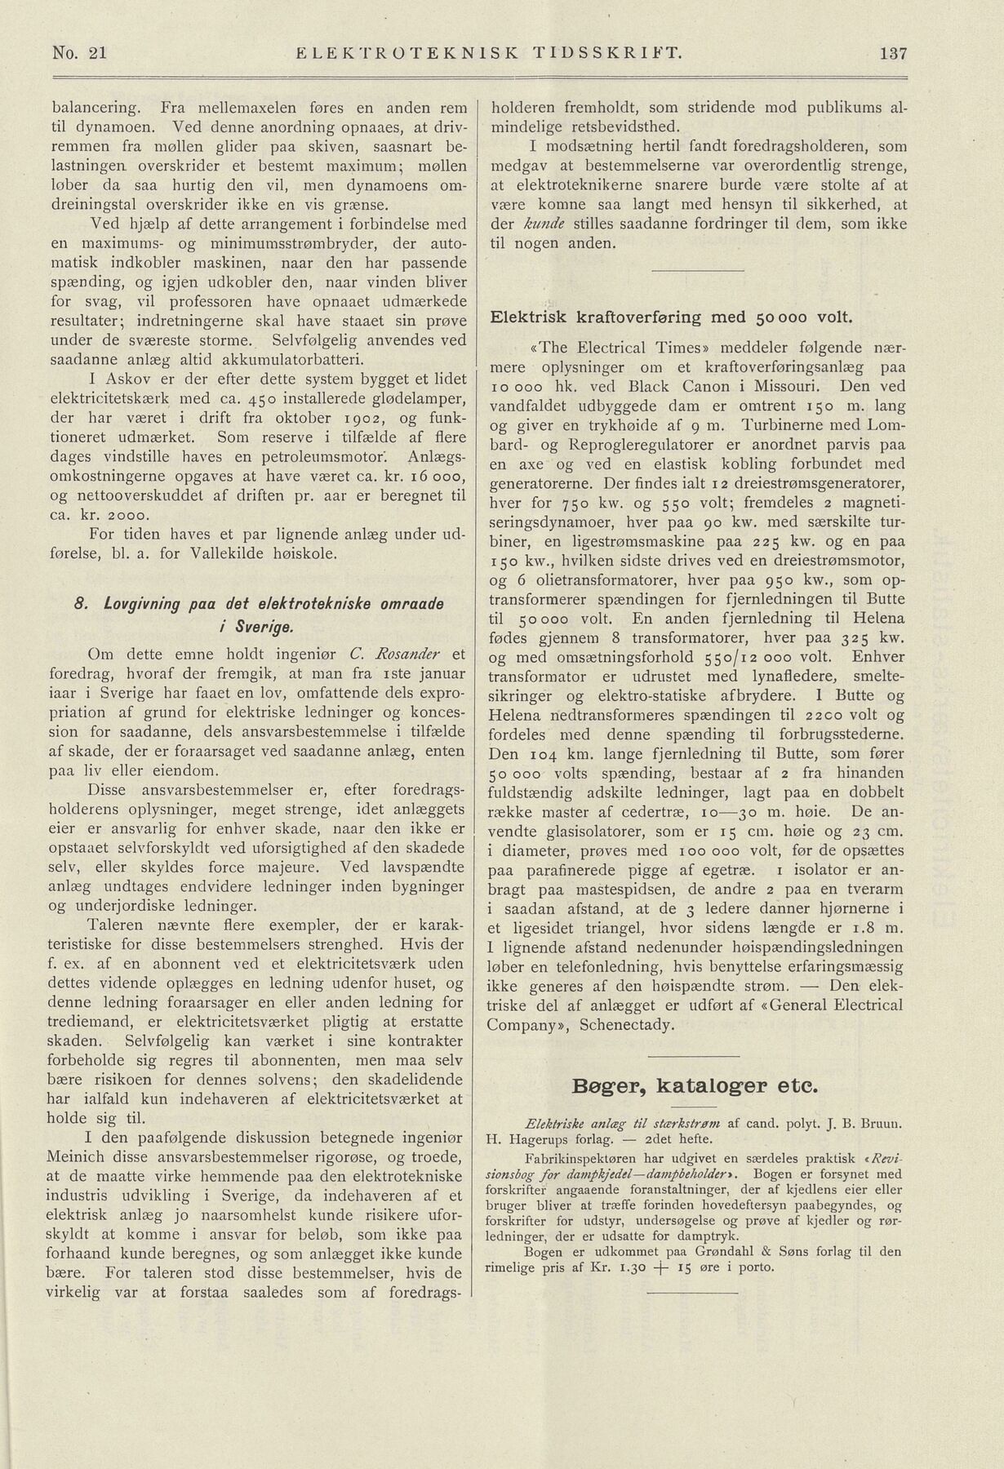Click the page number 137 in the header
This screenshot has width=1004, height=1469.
(x=894, y=54)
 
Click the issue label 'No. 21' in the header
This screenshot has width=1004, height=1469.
(x=79, y=54)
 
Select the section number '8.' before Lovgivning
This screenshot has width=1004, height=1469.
(x=80, y=604)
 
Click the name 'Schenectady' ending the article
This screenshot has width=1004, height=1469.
(x=626, y=1024)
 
